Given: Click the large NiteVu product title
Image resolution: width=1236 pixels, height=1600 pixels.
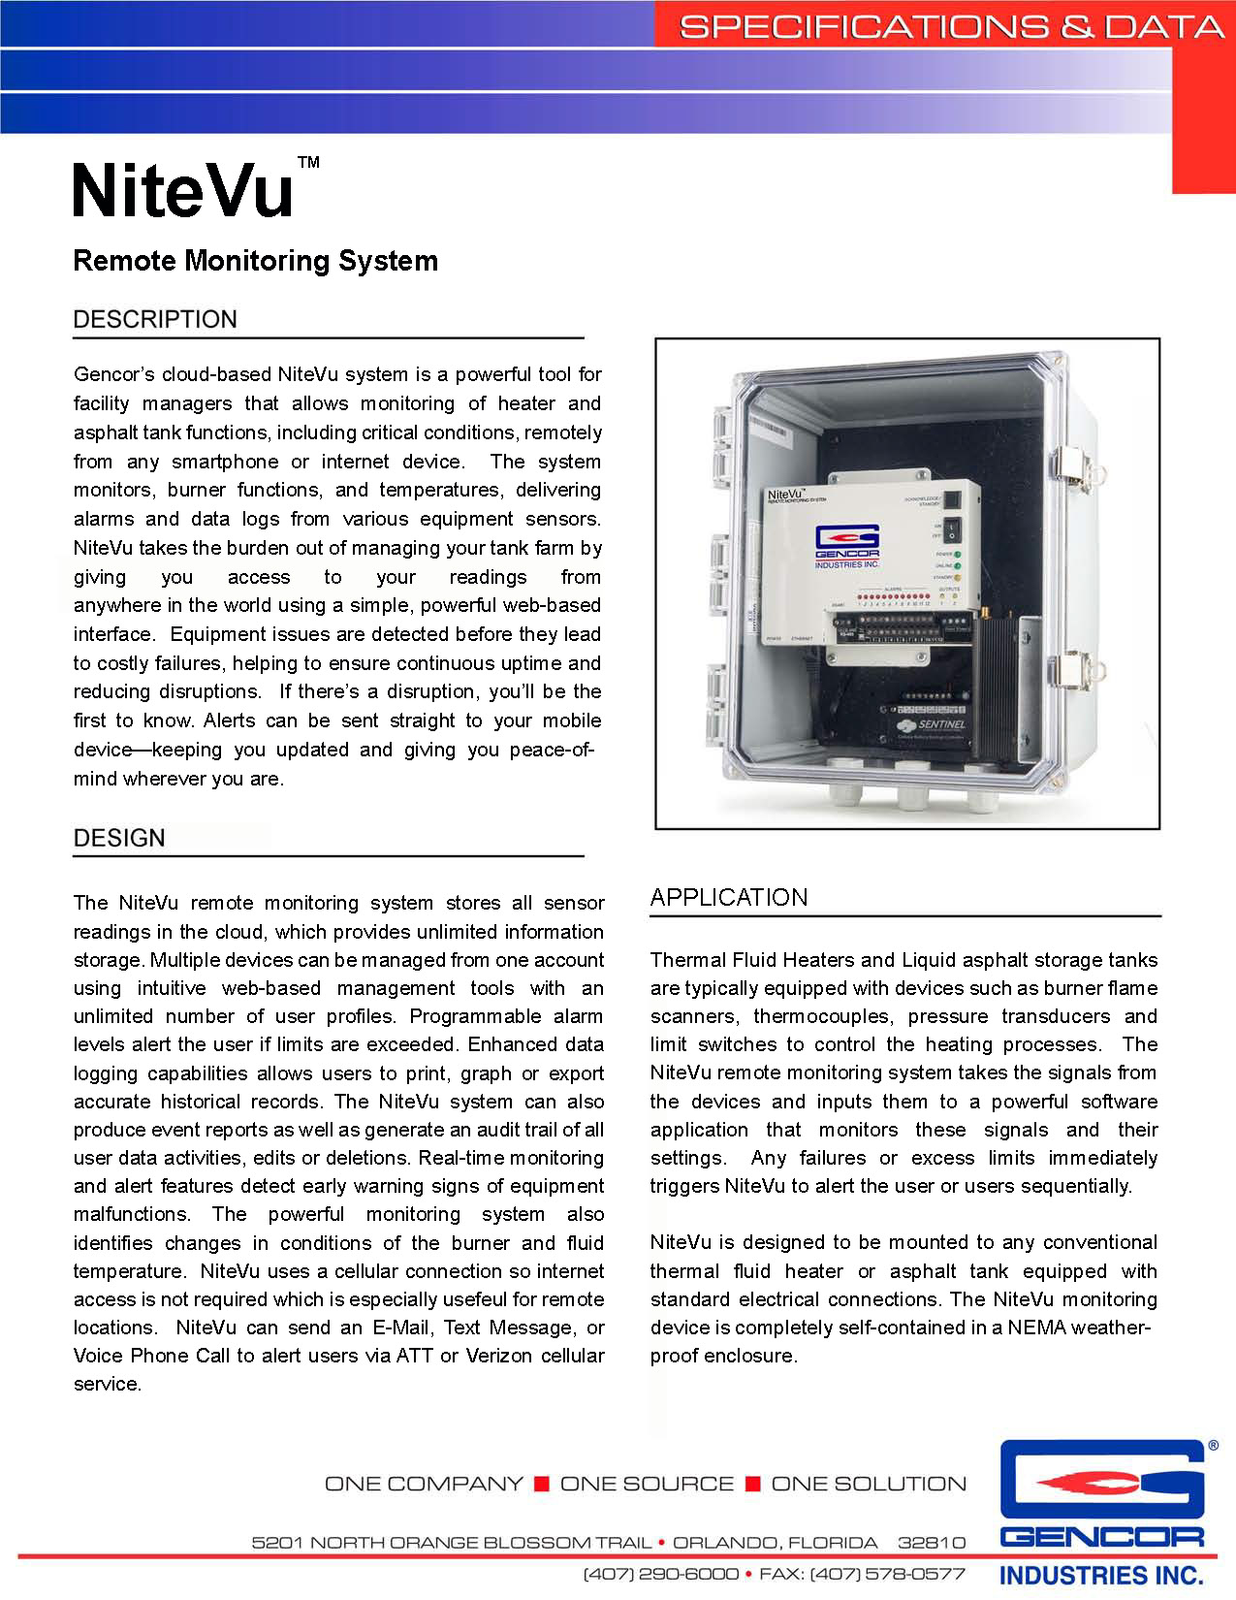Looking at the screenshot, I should pos(183,191).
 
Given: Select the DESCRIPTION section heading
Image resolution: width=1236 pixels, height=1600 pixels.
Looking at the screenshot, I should pos(155,320).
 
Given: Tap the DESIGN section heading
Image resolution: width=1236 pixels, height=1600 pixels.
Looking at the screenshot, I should pos(119,838).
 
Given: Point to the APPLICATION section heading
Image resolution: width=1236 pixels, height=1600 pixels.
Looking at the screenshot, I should pos(729,898).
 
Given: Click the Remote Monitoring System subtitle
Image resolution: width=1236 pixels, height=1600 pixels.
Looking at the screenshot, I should pos(256,261).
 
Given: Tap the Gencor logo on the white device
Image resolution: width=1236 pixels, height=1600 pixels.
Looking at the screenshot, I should pos(845,547).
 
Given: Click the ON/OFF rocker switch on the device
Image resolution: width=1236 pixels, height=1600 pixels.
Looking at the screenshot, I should pos(953,529).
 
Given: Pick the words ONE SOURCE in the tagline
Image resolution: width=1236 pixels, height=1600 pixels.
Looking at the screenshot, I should pos(647,1484).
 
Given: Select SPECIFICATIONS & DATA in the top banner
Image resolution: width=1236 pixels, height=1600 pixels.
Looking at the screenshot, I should pos(949,26).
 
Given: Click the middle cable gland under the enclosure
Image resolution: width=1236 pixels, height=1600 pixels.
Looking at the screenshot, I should pos(912,795).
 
